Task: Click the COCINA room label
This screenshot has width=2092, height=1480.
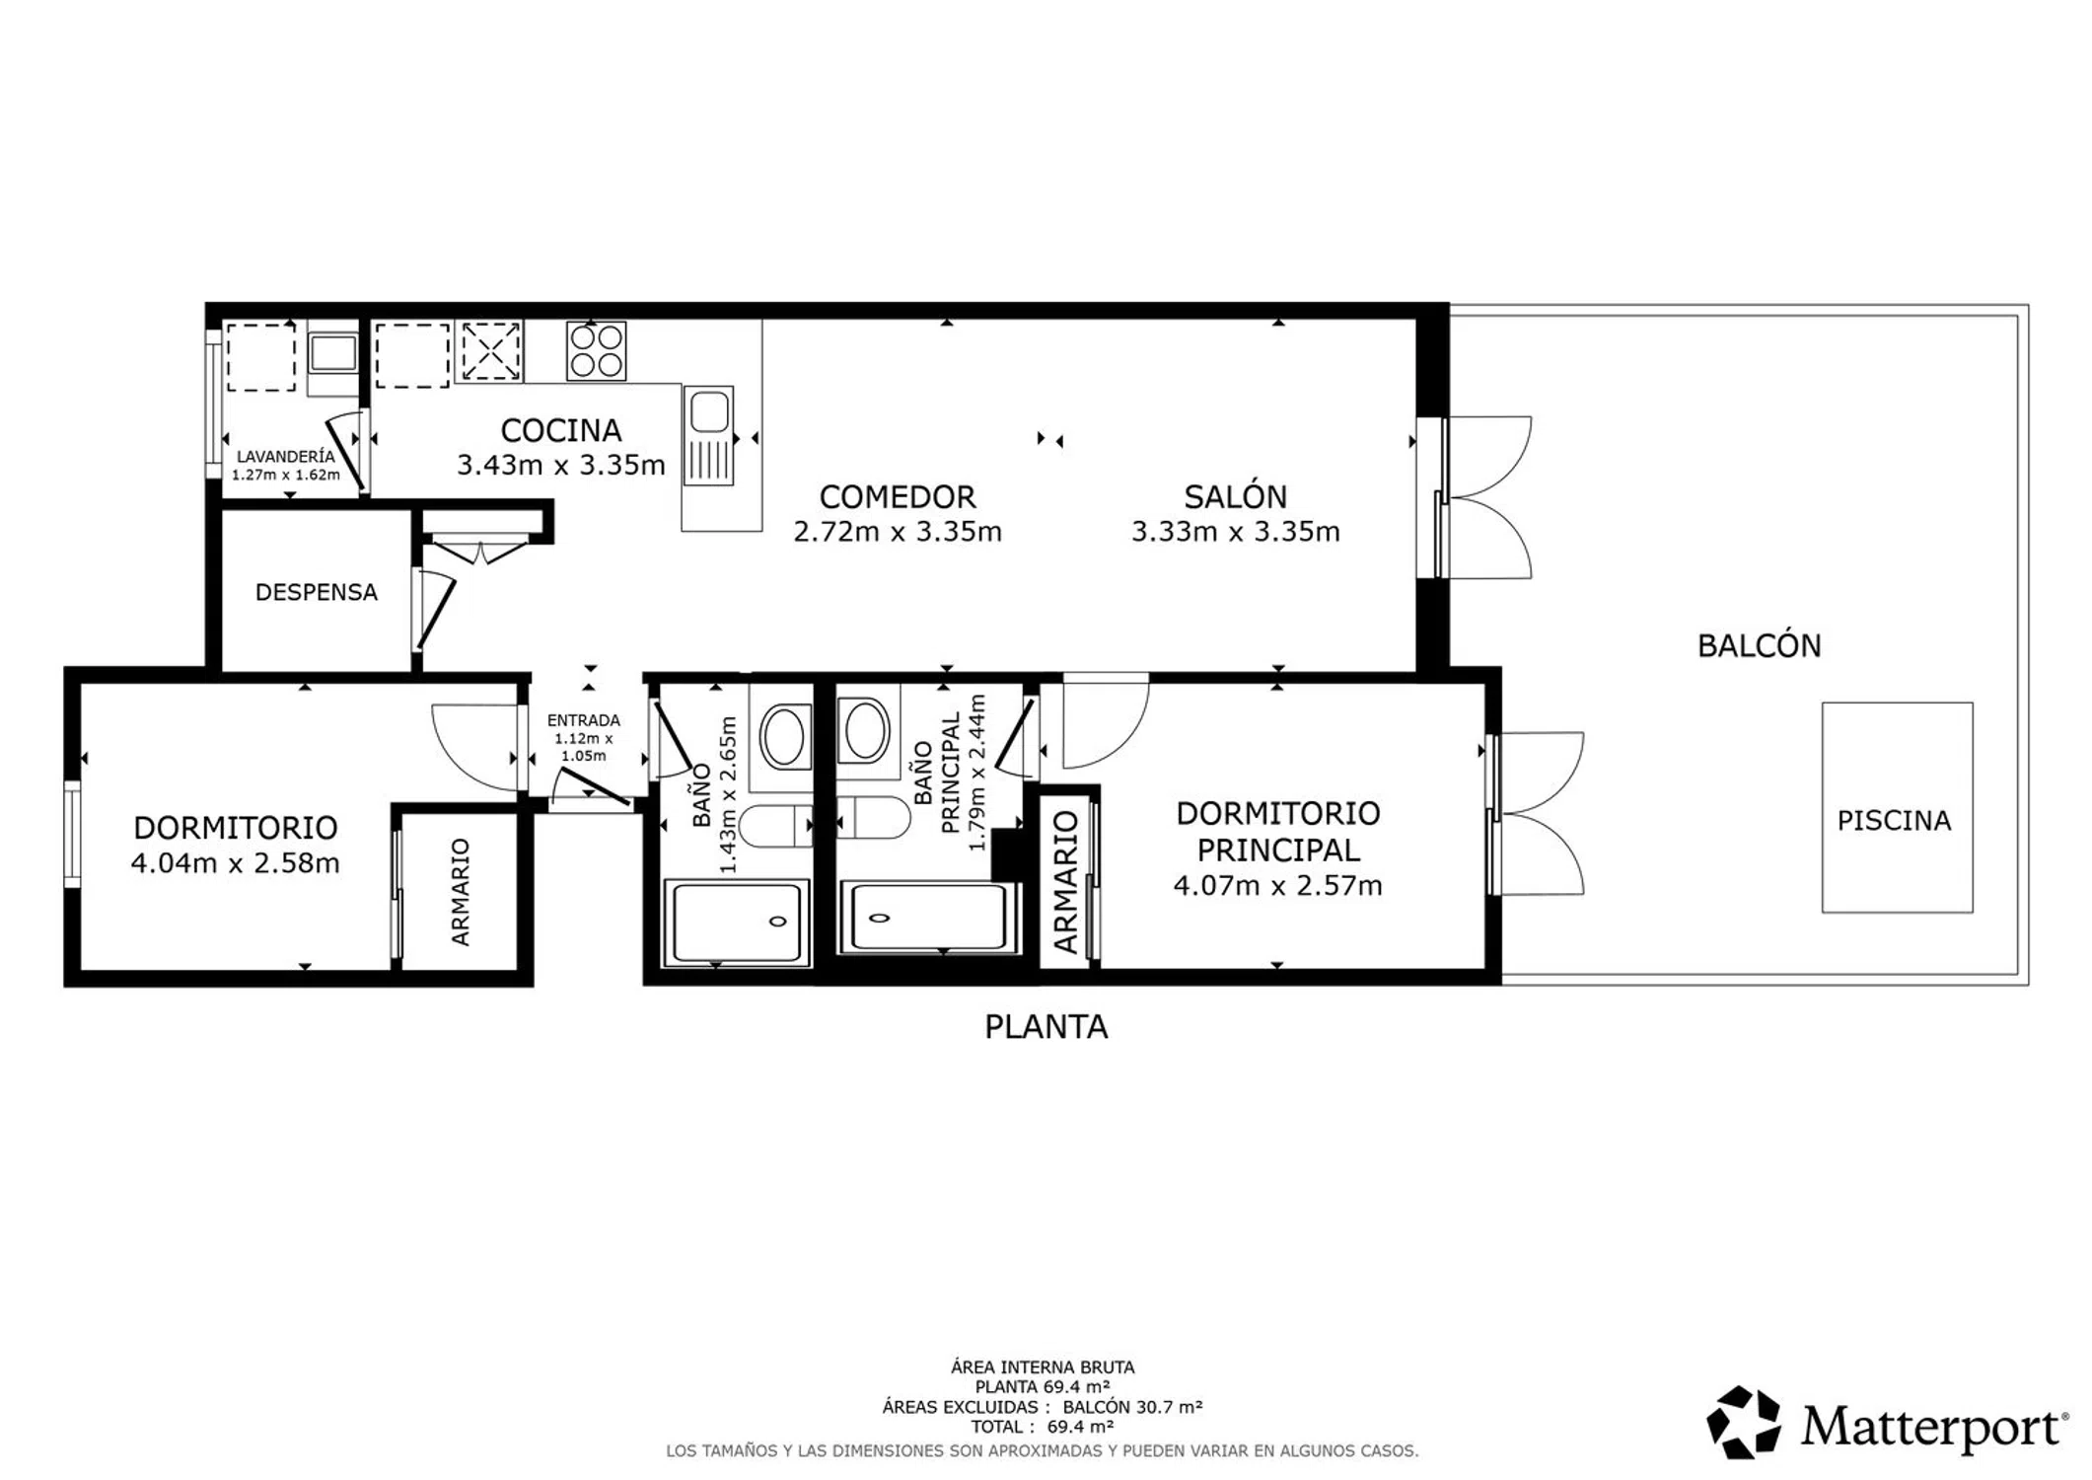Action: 560,430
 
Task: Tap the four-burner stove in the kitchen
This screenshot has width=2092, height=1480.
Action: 596,350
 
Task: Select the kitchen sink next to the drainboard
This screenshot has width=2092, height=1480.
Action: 709,411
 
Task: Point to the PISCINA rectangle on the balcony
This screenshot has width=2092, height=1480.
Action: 1897,807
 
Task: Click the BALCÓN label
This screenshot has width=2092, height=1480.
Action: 1759,645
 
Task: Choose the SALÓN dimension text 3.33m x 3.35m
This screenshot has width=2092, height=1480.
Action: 1235,532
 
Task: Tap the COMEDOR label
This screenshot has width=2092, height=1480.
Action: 897,496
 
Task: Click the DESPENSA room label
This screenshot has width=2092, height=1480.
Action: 316,592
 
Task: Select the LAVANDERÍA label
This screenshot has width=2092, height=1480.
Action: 285,457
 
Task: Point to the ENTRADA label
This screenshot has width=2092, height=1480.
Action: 584,720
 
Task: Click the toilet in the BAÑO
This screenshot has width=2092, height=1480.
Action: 775,826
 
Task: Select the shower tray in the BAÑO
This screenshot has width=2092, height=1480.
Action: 738,923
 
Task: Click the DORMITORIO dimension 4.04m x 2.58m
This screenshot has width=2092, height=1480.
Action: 235,863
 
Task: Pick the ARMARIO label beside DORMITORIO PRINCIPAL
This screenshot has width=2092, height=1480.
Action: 1065,881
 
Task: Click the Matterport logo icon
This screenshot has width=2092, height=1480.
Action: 1744,1422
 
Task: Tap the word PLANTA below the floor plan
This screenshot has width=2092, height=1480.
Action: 1046,1027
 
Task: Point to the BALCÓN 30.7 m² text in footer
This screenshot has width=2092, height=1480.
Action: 1132,1407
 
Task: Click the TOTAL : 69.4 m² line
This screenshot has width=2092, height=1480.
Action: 1043,1427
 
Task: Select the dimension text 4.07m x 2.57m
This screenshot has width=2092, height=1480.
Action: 1277,886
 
